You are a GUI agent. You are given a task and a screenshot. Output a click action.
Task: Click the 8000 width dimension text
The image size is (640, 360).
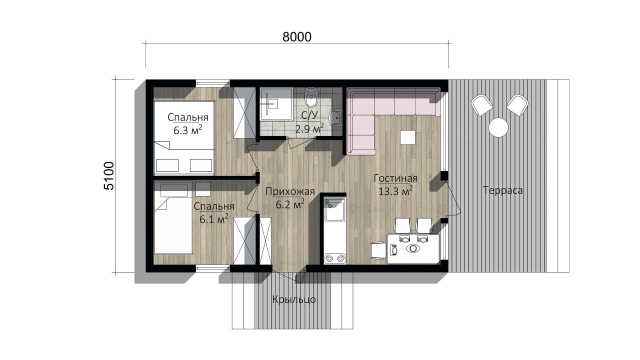coord(297,37)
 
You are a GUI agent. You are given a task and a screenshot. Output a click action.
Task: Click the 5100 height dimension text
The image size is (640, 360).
coord(109,176)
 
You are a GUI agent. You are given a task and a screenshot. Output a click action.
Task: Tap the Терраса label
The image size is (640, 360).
coord(503,190)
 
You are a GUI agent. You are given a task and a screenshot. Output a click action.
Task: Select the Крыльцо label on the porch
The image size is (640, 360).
coord(294,299)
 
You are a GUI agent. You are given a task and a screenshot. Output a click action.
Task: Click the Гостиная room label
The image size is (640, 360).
coord(395,178)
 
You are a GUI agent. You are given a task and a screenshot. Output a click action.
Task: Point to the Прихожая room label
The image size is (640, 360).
coord(290,191)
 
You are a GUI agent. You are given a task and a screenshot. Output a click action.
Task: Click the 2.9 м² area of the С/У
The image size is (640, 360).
coord(309,129)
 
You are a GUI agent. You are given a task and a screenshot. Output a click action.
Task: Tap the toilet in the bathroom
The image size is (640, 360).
coord(311,97)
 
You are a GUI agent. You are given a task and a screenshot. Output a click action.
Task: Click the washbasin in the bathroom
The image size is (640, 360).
coord(335,117)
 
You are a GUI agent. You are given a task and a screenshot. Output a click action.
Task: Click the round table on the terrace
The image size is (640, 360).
coord(498,127)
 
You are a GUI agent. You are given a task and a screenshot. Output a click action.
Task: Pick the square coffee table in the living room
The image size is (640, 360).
coord(408,137)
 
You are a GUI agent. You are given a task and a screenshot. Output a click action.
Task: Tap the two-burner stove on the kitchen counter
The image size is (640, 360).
coord(334,258)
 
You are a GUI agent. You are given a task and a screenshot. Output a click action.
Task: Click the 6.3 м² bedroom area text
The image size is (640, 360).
coord(187,130)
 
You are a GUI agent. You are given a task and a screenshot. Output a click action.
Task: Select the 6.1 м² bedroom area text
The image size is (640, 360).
coord(213,219)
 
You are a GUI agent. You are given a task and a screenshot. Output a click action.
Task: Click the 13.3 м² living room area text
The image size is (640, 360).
coord(395,190)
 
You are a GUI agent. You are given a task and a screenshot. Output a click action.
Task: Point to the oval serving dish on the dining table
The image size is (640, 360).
coord(413,248)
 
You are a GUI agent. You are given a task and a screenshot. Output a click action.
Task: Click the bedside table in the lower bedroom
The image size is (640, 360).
coord(203,189)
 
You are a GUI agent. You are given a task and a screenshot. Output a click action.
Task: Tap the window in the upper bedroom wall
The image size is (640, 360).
coord(213,83)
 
